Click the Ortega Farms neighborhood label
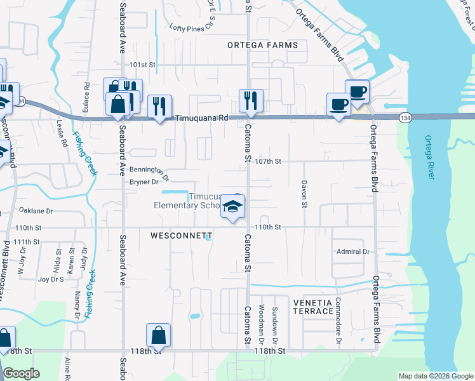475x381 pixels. (263, 45)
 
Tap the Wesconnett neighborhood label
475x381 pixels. (181, 236)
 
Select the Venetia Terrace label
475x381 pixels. (313, 306)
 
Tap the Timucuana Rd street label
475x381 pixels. (201, 118)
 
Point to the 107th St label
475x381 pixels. (267, 161)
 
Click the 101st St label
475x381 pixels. (142, 65)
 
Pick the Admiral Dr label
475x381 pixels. (353, 252)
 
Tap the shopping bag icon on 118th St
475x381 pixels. (158, 335)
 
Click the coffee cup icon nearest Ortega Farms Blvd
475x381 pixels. (357, 91)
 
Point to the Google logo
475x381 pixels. (22, 373)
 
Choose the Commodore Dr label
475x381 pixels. (338, 314)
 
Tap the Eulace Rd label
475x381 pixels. (85, 95)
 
